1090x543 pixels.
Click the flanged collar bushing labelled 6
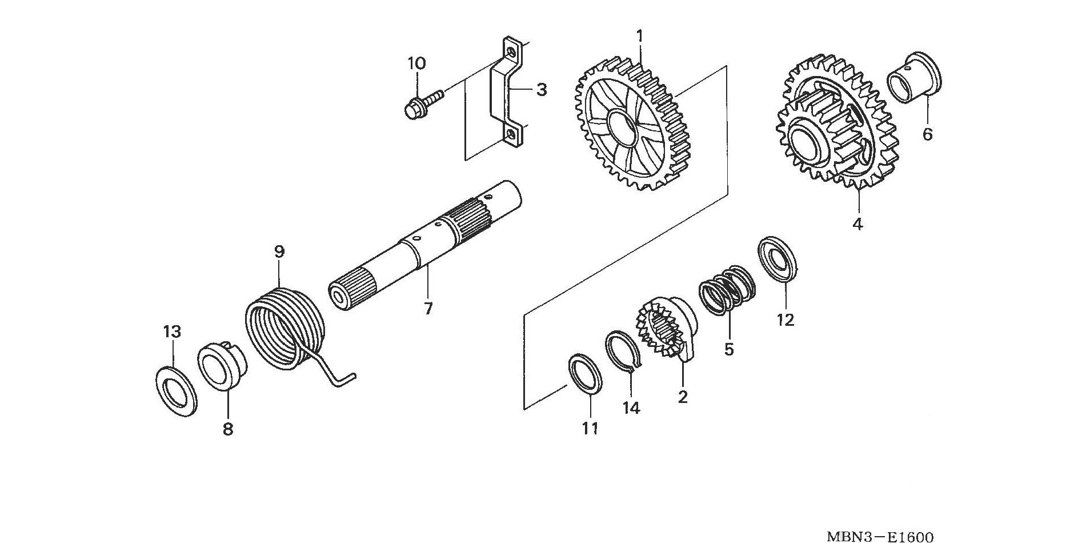pyautogui.click(x=914, y=78)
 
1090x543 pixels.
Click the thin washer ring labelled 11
pyautogui.click(x=587, y=373)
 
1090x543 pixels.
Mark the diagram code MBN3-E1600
pyautogui.click(x=880, y=536)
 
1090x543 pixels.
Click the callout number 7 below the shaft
pyautogui.click(x=428, y=309)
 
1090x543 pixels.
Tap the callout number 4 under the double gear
pyautogui.click(x=857, y=224)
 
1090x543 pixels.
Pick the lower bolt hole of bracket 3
pyautogui.click(x=509, y=135)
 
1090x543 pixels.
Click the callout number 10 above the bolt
pyautogui.click(x=416, y=63)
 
